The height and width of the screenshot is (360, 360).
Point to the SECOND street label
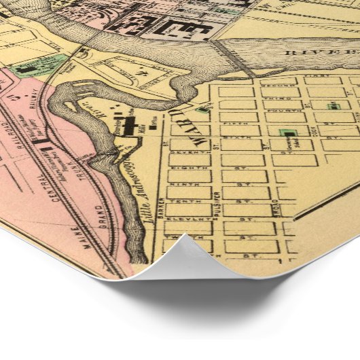279,85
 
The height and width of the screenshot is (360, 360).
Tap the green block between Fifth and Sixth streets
289,132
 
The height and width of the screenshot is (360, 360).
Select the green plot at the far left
27,68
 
